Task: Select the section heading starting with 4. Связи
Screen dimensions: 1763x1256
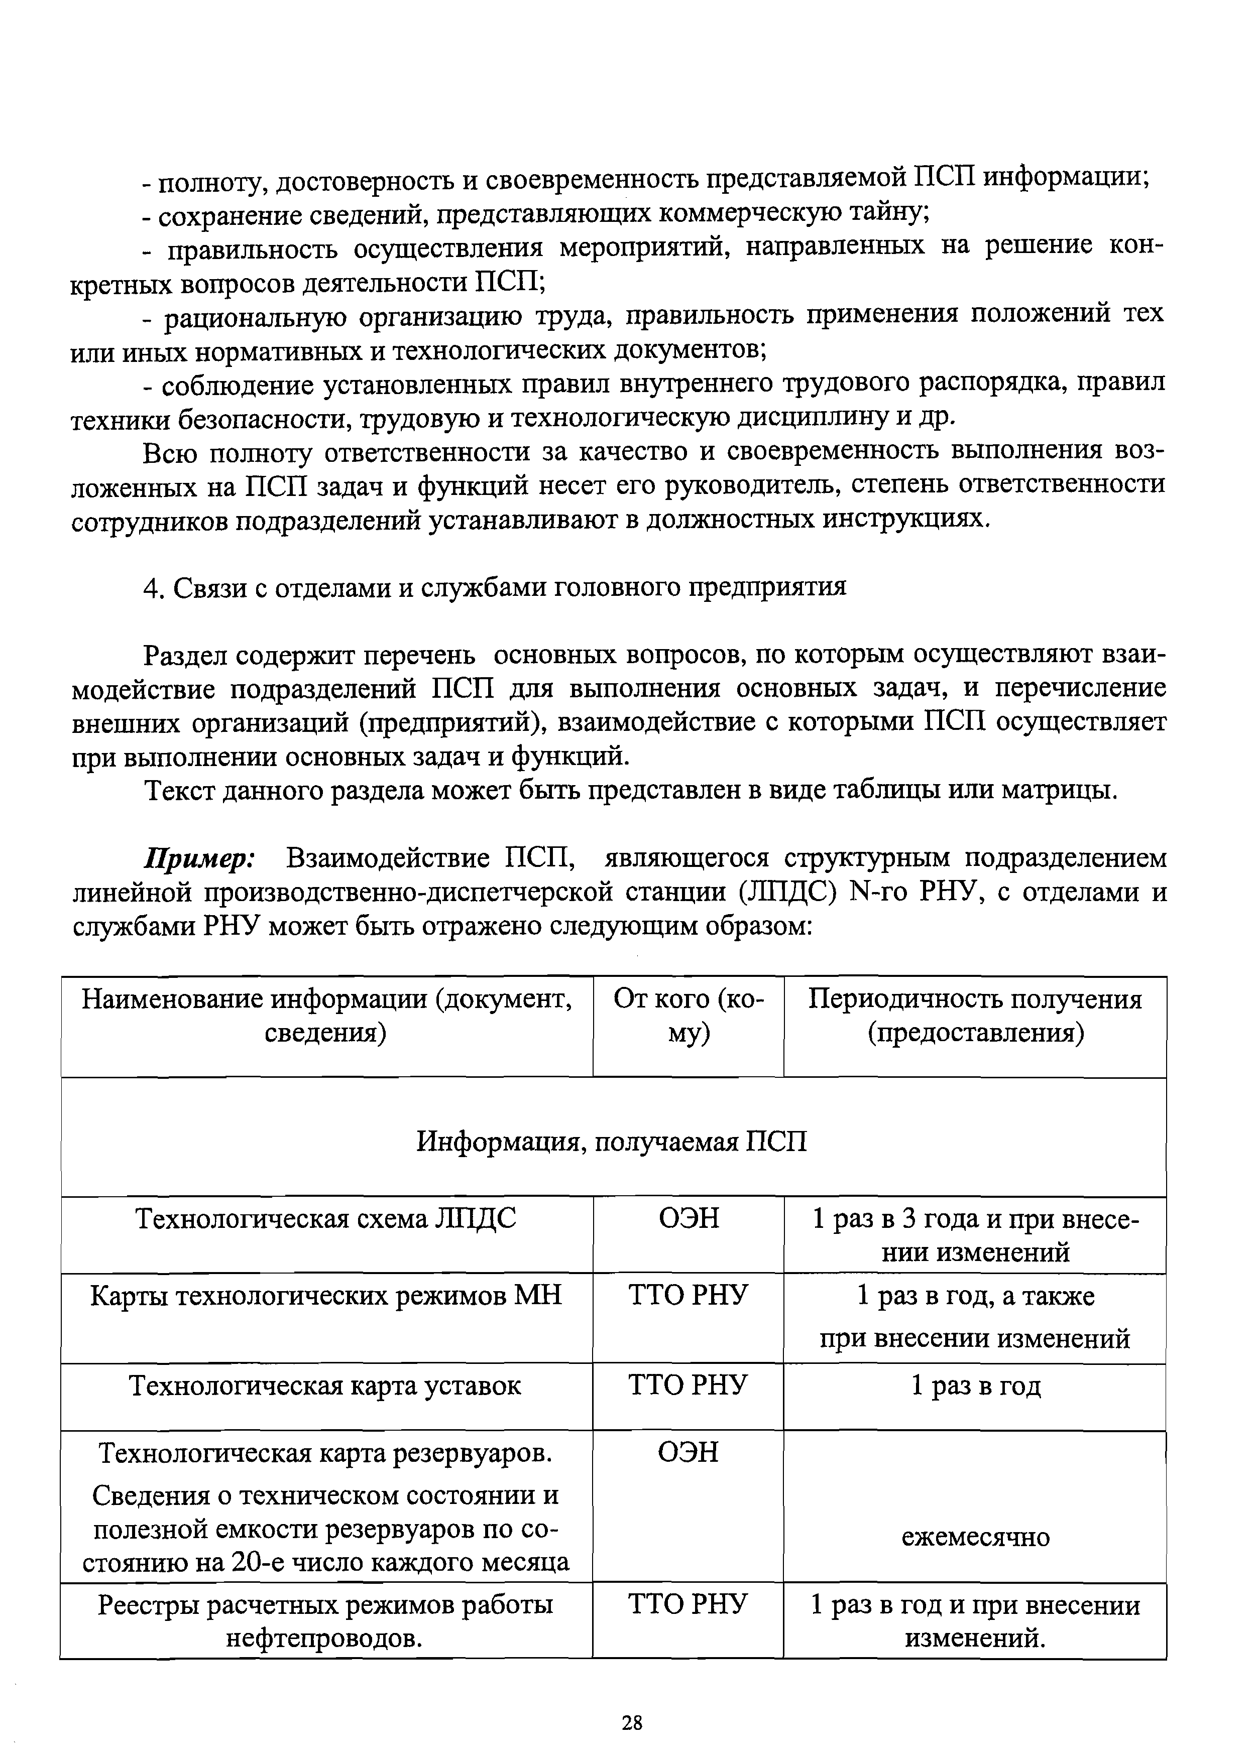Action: (x=495, y=587)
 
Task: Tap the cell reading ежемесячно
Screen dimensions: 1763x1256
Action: (x=975, y=1537)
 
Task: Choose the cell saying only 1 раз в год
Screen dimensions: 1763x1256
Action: (x=975, y=1387)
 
